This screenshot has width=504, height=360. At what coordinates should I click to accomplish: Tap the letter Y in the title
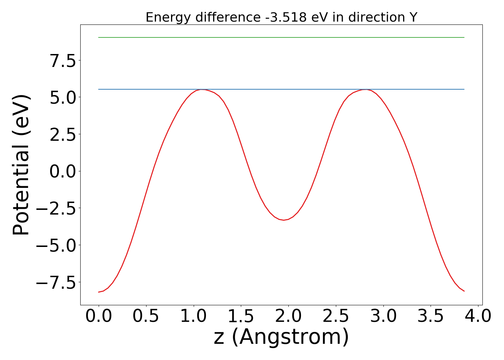(413, 17)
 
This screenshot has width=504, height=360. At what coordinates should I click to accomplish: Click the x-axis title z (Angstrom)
(281, 337)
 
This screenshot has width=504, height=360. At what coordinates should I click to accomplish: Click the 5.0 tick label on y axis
(63, 98)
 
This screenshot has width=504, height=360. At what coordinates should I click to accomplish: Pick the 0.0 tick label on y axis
(63, 171)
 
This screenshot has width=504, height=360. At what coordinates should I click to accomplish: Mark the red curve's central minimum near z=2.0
(284, 220)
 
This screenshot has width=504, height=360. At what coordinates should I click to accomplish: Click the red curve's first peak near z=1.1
(203, 90)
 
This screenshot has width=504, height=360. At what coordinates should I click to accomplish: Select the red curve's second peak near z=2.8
(366, 90)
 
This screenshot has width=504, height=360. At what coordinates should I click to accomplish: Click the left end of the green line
(99, 37)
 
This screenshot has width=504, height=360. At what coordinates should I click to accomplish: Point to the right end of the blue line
(464, 89)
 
